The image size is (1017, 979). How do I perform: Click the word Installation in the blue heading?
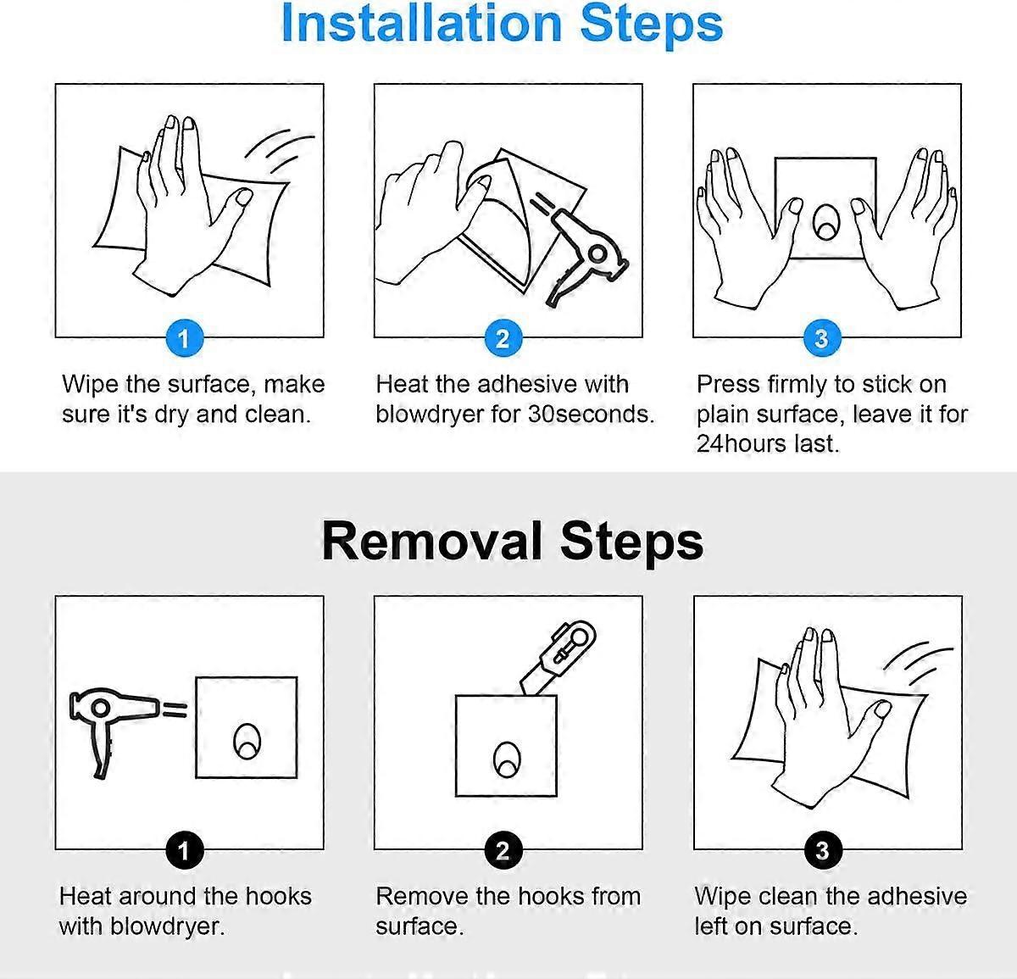click(421, 24)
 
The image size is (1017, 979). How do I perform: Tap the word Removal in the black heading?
click(431, 541)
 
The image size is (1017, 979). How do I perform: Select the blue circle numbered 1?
click(184, 338)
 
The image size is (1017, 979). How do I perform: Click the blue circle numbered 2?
click(503, 338)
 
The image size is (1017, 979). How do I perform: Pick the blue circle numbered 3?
click(822, 338)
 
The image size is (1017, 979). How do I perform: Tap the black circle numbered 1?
click(184, 850)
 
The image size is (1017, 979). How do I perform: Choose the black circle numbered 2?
click(503, 850)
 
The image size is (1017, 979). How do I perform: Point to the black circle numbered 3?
click(823, 850)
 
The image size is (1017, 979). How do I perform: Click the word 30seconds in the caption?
click(591, 414)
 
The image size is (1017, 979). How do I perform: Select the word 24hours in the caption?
click(741, 444)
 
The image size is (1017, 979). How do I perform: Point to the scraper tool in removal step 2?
click(559, 658)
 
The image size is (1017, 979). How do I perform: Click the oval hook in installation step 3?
click(826, 222)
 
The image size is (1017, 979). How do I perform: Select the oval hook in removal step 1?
click(247, 741)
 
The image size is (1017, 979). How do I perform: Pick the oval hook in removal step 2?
click(507, 759)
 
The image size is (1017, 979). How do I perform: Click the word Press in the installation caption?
click(728, 385)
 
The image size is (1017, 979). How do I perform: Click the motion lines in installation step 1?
click(280, 152)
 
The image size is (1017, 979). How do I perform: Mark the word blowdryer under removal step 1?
click(167, 926)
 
